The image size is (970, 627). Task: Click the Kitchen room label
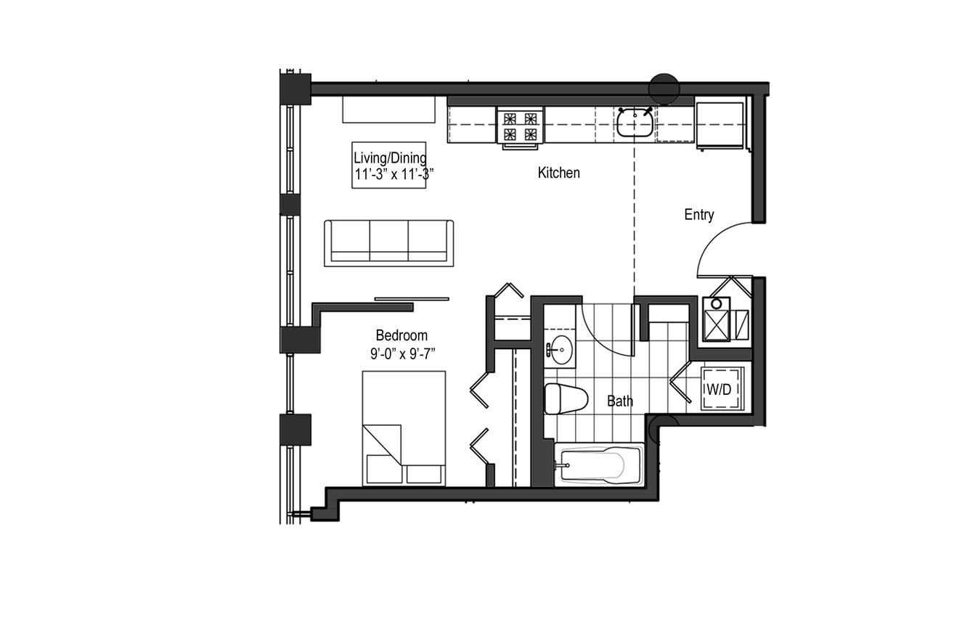tap(558, 173)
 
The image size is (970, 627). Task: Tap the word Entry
tap(699, 215)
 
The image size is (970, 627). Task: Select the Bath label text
tap(619, 401)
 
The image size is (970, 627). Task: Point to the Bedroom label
tap(402, 335)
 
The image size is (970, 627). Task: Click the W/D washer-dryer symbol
tap(722, 388)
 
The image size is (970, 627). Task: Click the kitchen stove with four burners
tap(520, 126)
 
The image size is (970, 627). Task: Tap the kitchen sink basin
tap(635, 123)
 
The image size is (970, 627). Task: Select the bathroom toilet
tap(566, 398)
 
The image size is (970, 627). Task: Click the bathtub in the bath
tap(600, 465)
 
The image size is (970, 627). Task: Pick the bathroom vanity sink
tap(561, 350)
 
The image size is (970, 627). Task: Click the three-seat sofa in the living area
tap(389, 243)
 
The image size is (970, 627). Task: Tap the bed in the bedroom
tap(404, 428)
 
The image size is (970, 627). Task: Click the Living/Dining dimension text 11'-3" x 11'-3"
tap(394, 174)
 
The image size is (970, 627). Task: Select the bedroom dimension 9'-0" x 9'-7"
tap(402, 354)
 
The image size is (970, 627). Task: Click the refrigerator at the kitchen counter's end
tap(720, 126)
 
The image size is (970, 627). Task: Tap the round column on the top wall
tap(664, 89)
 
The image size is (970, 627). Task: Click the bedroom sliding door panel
tap(412, 298)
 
